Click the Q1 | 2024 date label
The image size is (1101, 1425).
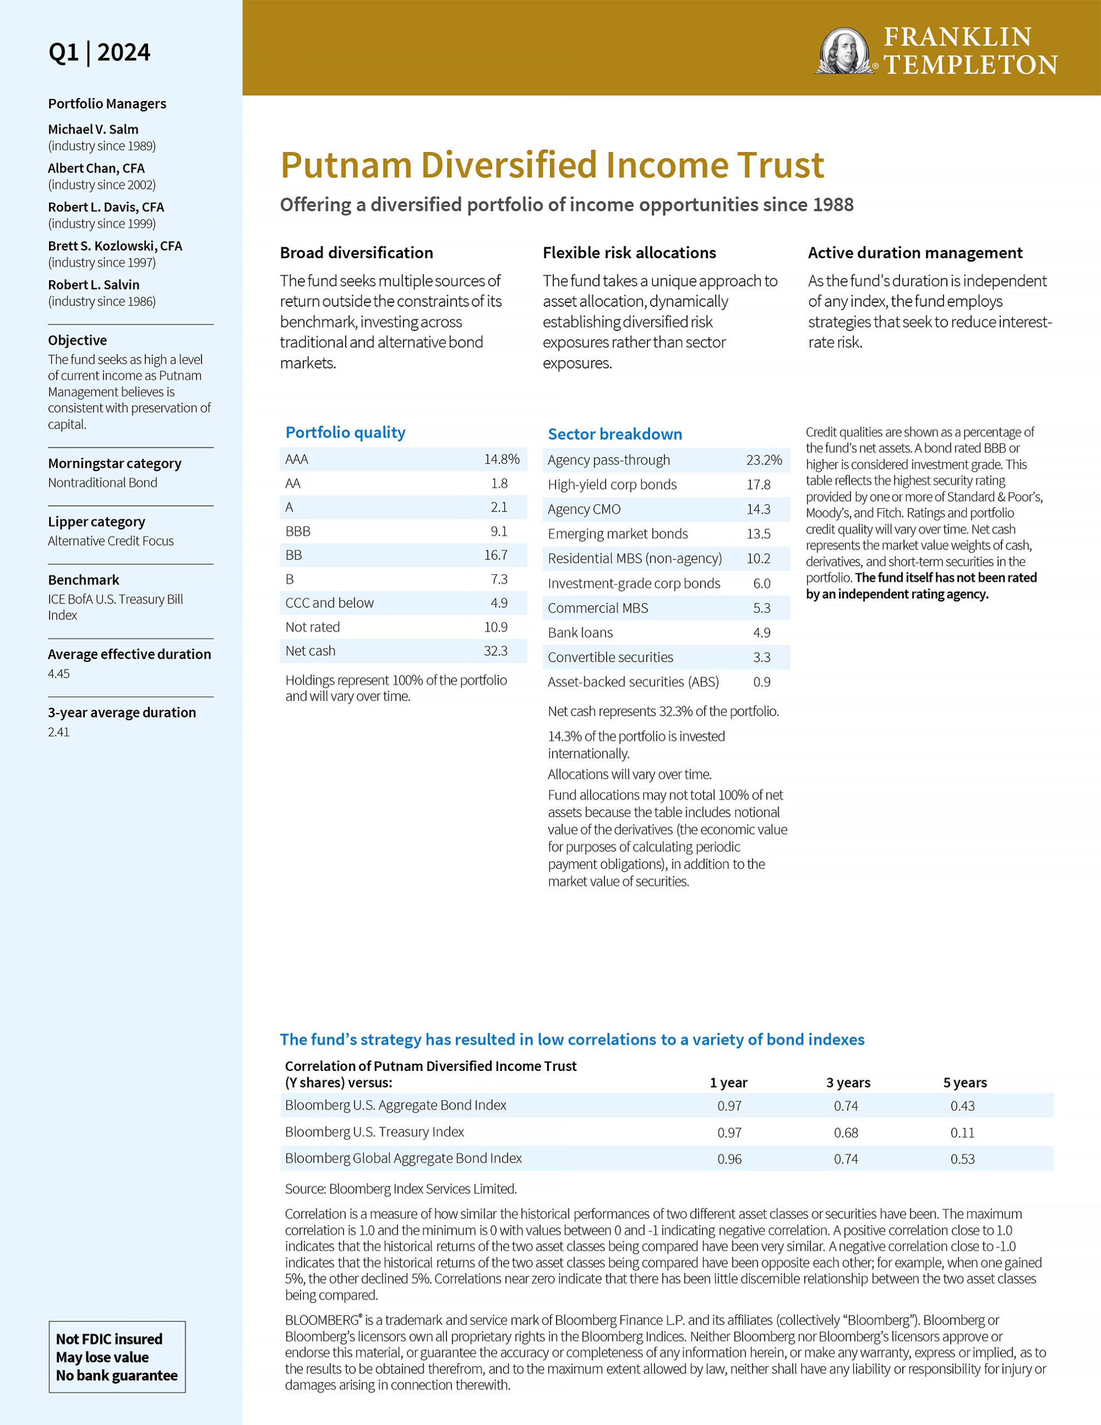99,52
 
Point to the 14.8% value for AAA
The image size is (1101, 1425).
501,459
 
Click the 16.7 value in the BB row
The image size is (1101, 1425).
495,556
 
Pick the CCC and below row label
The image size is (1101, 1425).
330,603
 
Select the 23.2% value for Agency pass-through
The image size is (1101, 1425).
764,460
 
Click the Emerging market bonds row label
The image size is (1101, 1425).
617,534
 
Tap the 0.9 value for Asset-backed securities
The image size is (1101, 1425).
761,682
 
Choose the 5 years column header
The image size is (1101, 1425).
965,1083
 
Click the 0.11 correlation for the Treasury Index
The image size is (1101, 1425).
962,1133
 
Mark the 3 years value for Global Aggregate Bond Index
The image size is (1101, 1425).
846,1159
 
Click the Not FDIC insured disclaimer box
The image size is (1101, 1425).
117,1357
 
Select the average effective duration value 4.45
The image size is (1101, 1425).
59,674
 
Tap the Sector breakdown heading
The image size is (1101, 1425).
615,434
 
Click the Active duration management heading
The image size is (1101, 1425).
915,253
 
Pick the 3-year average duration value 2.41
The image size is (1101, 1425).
59,732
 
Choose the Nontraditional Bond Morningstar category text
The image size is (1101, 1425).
102,483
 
